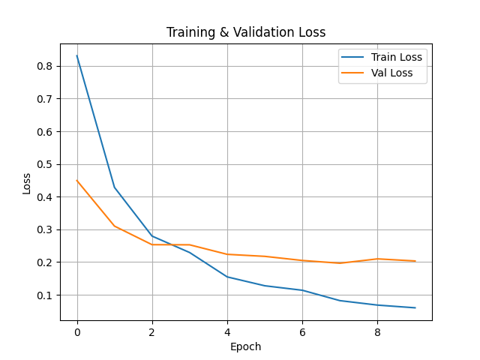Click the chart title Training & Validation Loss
point(246,32)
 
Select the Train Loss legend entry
point(382,57)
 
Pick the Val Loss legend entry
point(377,73)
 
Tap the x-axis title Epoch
point(245,346)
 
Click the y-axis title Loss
point(27,184)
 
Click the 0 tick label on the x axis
point(77,332)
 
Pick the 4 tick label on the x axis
point(227,332)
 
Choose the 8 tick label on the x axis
point(377,332)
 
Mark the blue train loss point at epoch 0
point(77,55)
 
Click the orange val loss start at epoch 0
point(77,181)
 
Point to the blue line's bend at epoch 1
point(115,187)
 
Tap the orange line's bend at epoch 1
point(115,226)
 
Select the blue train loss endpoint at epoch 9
point(415,307)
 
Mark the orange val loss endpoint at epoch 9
point(415,261)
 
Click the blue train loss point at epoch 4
point(227,277)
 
